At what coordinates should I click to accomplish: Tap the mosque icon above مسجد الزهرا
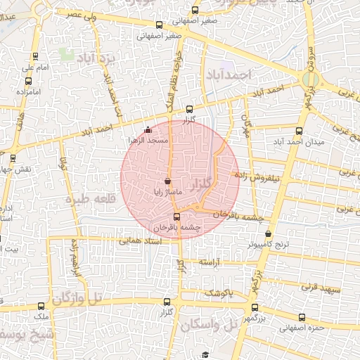tap(147, 130)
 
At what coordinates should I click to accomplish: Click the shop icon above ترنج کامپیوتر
tap(268, 234)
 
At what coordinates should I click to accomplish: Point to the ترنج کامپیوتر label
tap(268, 244)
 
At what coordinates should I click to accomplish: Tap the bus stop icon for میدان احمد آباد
tap(300, 131)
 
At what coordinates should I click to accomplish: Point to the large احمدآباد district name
tap(226, 74)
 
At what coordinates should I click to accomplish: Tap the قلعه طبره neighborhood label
tap(89, 199)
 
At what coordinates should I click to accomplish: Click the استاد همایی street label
tap(141, 241)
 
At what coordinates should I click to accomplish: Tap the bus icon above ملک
tap(41, 306)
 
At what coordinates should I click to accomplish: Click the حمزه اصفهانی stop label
tap(300, 328)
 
